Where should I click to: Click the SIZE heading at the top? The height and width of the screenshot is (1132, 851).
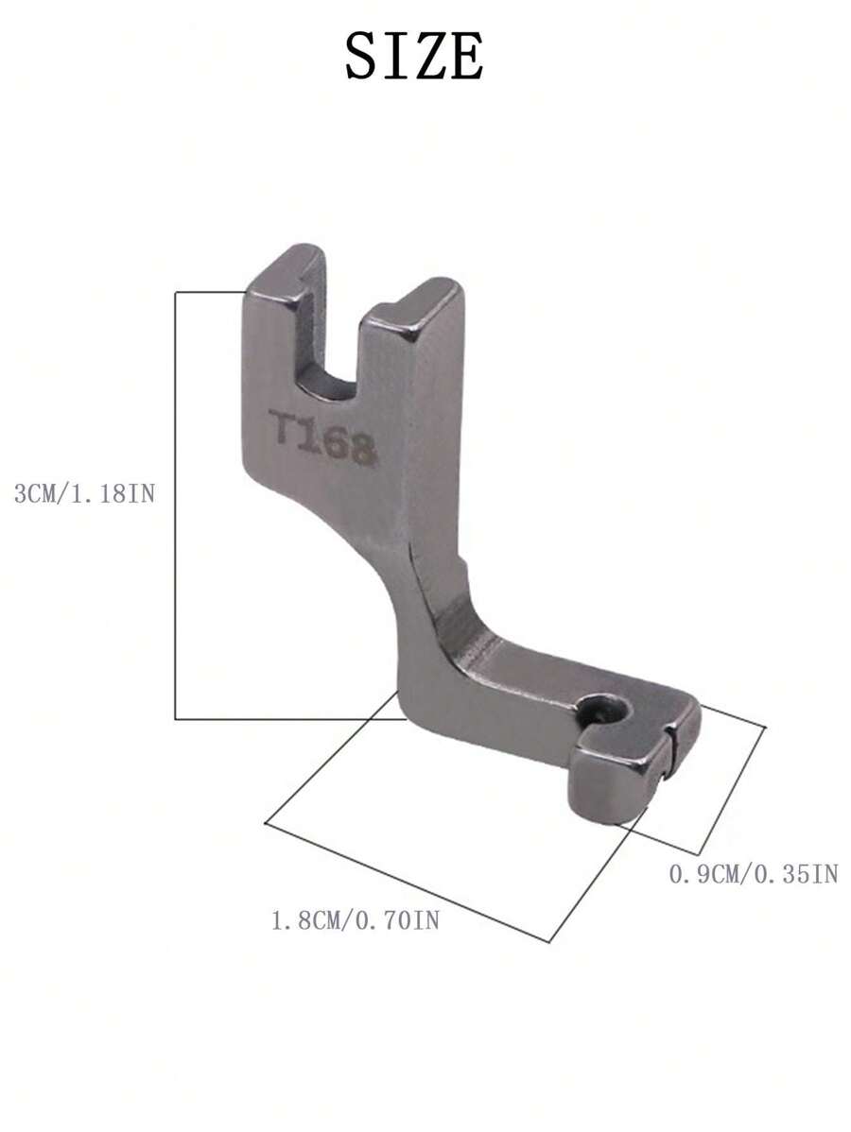click(414, 56)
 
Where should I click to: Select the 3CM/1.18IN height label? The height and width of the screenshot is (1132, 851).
click(83, 493)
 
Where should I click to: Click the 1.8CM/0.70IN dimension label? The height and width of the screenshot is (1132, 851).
click(355, 919)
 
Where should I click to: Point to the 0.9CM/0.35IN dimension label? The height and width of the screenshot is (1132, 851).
click(753, 874)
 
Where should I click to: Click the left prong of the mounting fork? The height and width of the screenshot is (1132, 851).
click(283, 283)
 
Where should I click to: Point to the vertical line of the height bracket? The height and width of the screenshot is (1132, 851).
click(176, 506)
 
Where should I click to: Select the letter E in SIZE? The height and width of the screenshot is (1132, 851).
click(464, 56)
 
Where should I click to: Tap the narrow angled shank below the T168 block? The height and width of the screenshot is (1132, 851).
click(430, 605)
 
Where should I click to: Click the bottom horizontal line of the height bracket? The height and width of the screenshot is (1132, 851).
click(284, 719)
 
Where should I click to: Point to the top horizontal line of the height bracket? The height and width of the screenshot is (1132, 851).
click(210, 292)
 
